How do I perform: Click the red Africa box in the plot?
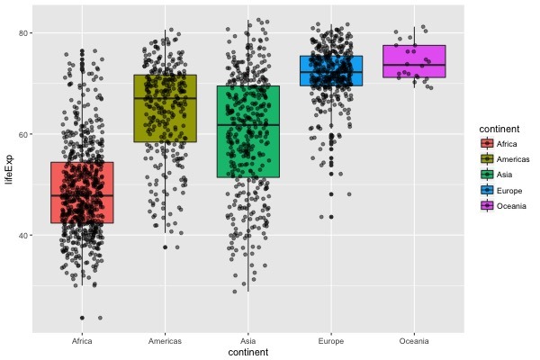coord(82,193)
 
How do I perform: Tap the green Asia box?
coord(248,131)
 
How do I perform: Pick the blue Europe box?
coord(331,70)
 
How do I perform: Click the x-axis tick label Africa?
coord(82,341)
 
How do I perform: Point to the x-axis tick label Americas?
coord(165,341)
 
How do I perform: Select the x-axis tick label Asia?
coord(248,341)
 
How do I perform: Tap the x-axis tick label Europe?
coord(331,341)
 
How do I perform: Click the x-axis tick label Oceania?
coord(414,341)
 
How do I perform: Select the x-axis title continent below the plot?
coord(247,353)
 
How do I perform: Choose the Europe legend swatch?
coord(487,190)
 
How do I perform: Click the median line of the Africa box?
coord(82,195)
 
